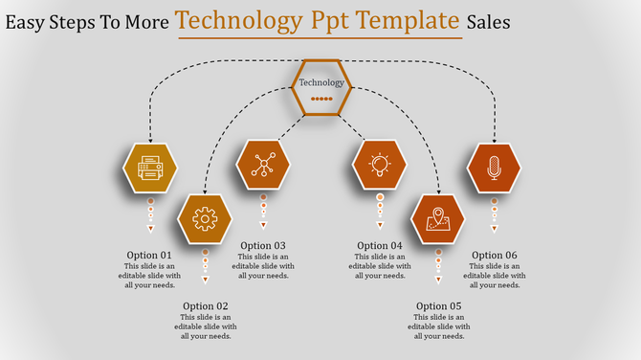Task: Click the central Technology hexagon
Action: point(321,87)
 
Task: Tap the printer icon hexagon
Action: point(150,169)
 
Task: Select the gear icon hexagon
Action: point(205,219)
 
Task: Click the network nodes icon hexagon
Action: point(262,165)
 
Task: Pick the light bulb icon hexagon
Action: point(380,165)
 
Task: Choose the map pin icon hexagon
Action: point(438,219)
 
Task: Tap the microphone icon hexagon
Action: point(494,168)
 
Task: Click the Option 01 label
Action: point(149,255)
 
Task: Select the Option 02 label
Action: point(205,306)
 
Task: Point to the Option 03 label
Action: point(263,246)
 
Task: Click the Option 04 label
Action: point(380,246)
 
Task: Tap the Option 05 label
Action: point(438,306)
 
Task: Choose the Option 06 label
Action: point(494,255)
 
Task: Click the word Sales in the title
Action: point(490,20)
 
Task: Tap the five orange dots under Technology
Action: point(321,99)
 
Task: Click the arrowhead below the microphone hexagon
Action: point(495,229)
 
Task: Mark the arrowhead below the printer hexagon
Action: point(150,229)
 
